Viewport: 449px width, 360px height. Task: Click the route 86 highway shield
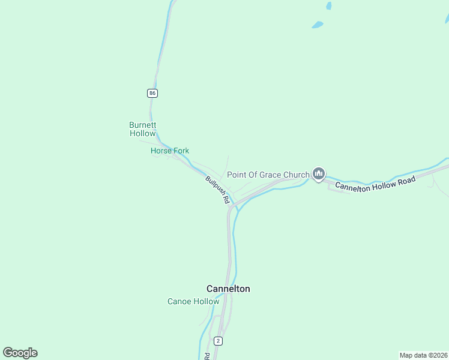pyautogui.click(x=152, y=93)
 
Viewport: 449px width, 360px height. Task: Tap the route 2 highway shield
pyautogui.click(x=217, y=341)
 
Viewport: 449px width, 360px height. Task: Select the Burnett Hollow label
pyautogui.click(x=143, y=129)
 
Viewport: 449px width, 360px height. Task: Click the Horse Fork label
pyautogui.click(x=170, y=151)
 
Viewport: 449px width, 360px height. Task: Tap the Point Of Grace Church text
pyautogui.click(x=268, y=175)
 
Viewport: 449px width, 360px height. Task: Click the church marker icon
pyautogui.click(x=318, y=174)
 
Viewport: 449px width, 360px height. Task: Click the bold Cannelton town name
pyautogui.click(x=228, y=289)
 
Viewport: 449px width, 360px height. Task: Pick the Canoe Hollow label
pyautogui.click(x=193, y=301)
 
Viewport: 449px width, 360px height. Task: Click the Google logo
pyautogui.click(x=20, y=353)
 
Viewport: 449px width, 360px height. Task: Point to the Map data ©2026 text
pyautogui.click(x=423, y=355)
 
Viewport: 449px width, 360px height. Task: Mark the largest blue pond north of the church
pyautogui.click(x=317, y=25)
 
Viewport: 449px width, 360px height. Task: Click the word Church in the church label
pyautogui.click(x=296, y=175)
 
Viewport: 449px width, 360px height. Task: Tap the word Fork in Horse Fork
pyautogui.click(x=181, y=151)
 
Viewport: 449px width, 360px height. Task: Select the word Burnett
pyautogui.click(x=143, y=125)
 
